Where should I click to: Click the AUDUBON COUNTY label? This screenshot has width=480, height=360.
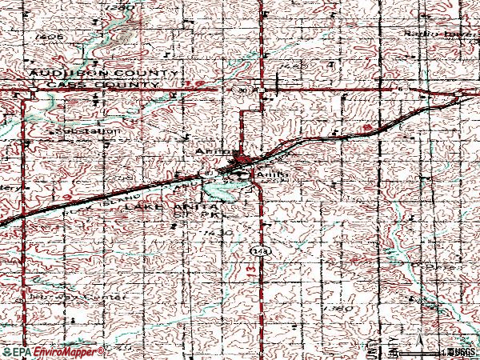102,73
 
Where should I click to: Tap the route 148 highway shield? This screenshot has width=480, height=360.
258,251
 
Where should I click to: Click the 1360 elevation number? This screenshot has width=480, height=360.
340,307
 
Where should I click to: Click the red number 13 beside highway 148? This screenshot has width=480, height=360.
250,273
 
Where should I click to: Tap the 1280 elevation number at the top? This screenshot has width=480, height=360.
119,6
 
